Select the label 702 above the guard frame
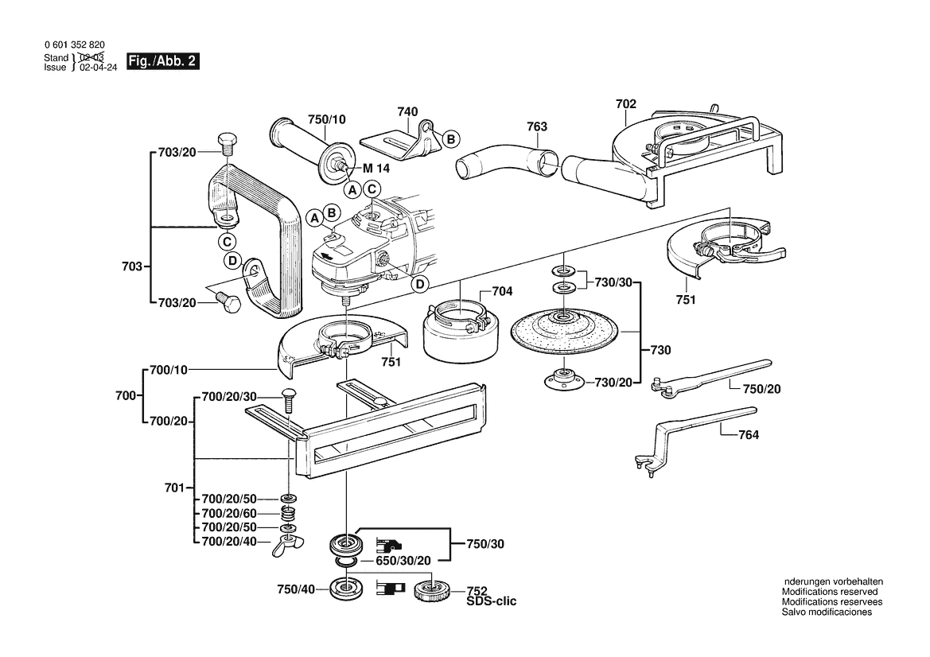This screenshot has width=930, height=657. click(625, 103)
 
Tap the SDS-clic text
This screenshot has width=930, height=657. click(491, 602)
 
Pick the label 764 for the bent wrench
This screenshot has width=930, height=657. click(749, 435)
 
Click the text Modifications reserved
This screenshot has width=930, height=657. click(829, 592)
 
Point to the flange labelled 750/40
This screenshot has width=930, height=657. click(346, 591)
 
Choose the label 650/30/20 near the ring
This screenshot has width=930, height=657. click(403, 561)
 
